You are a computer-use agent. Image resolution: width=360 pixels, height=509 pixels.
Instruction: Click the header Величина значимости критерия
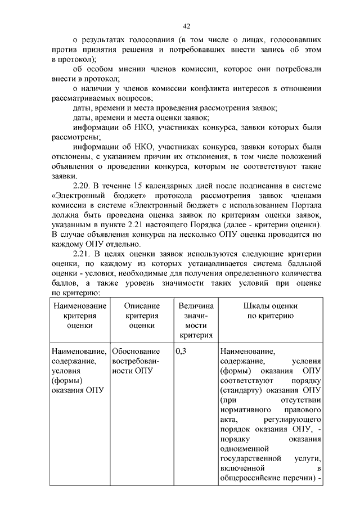[x=196, y=321]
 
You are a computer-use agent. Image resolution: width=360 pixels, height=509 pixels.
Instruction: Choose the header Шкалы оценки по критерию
[x=270, y=310]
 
